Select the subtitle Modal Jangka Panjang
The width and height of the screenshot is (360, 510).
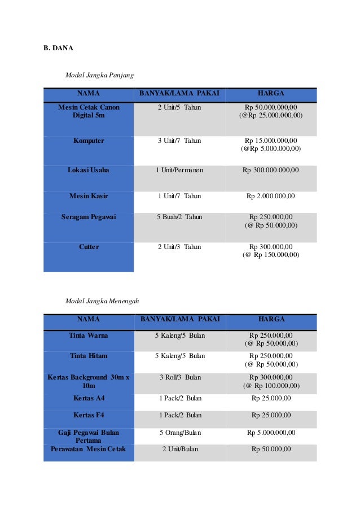pos(99,75)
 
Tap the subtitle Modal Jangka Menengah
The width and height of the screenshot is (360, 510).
pos(102,300)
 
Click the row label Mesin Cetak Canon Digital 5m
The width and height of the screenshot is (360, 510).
pos(89,111)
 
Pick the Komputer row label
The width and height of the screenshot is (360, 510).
pos(89,141)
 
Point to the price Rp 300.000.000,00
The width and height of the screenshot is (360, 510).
pos(271,170)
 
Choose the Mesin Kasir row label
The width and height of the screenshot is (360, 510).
pos(89,196)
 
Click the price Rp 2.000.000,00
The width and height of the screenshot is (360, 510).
pos(271,196)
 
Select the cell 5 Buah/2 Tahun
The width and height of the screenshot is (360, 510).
pos(179,217)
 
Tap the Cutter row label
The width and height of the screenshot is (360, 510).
pos(89,247)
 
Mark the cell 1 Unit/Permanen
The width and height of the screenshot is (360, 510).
pos(179,170)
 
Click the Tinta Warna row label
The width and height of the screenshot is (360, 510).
pos(89,335)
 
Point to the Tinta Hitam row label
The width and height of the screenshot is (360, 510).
pos(89,356)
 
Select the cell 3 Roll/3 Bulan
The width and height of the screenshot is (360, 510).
pos(179,377)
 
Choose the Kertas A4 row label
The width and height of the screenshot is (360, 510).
pos(89,398)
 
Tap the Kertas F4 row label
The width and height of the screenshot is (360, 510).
pos(89,415)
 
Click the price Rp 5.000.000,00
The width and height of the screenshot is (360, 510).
pos(271,433)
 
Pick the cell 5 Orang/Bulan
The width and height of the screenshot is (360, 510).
pos(179,433)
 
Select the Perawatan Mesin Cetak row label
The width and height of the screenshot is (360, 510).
pos(89,449)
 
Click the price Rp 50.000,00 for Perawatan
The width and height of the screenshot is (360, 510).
pos(271,449)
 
